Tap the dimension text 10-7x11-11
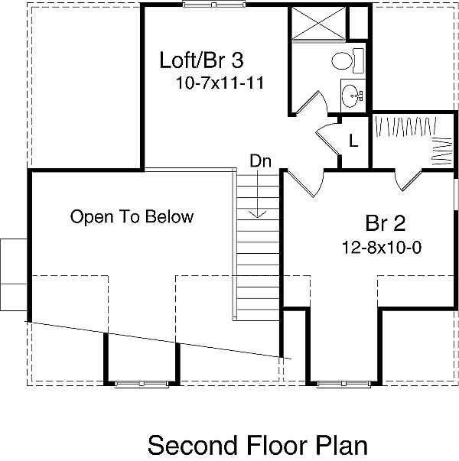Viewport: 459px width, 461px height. (x=219, y=84)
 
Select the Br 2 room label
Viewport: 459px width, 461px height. (x=385, y=224)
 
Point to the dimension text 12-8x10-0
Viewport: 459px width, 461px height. (x=382, y=248)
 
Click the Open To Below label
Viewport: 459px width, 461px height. (x=132, y=217)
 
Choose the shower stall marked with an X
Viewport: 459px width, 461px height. (x=318, y=23)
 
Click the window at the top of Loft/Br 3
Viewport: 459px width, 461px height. (x=209, y=5)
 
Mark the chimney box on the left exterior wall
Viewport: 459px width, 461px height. (x=14, y=271)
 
